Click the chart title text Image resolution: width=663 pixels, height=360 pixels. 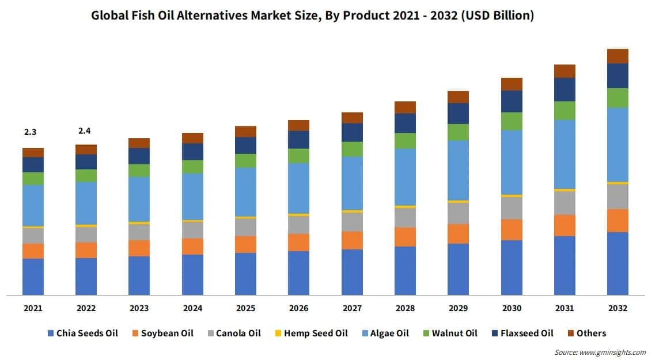[x=313, y=16]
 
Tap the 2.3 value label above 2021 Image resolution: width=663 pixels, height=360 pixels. [x=31, y=132]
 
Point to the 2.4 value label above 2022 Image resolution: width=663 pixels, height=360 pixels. [x=85, y=131]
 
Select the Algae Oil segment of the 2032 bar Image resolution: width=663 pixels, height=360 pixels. [x=617, y=145]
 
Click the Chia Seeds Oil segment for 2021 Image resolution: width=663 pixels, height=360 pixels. [x=33, y=276]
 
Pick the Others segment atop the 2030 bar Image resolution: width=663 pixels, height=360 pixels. [x=512, y=84]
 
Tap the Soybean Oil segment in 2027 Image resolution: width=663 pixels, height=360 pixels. [x=352, y=240]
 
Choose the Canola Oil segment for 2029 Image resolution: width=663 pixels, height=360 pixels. [x=459, y=213]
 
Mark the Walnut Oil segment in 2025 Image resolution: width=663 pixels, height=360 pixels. [x=245, y=161]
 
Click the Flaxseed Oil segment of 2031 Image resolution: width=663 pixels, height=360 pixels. [x=565, y=89]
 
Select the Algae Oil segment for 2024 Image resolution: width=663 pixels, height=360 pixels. [x=192, y=196]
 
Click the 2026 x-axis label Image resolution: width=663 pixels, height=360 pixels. [x=299, y=308]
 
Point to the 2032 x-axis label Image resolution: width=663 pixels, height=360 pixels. [x=617, y=308]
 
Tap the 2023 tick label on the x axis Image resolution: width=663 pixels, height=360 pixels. [x=139, y=308]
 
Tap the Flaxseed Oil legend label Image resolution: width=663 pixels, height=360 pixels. [x=526, y=333]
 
